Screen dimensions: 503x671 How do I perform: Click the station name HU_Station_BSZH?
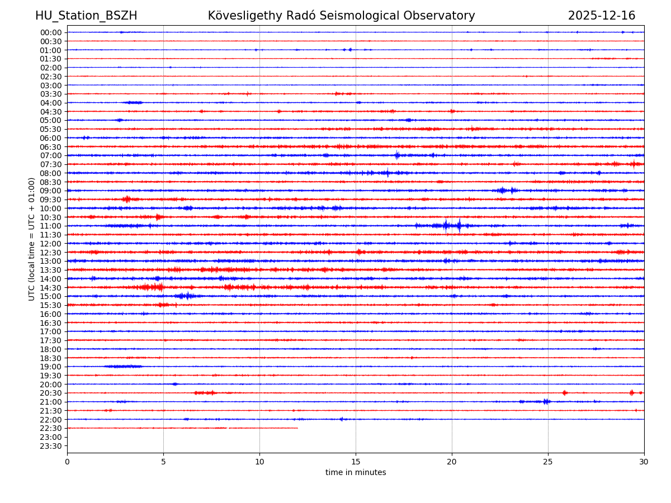pyautogui.click(x=86, y=16)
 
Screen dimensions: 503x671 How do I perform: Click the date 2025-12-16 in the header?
pyautogui.click(x=602, y=16)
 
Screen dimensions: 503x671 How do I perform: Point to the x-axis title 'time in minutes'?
pyautogui.click(x=356, y=472)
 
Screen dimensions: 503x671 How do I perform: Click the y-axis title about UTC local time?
pyautogui.click(x=32, y=239)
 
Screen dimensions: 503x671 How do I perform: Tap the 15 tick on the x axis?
pyautogui.click(x=356, y=462)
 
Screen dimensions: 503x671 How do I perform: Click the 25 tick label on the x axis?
pyautogui.click(x=548, y=462)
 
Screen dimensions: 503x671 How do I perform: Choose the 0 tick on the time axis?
pyautogui.click(x=67, y=462)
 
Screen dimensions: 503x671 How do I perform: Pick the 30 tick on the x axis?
pyautogui.click(x=644, y=462)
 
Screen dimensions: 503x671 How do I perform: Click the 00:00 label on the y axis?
pyautogui.click(x=51, y=32)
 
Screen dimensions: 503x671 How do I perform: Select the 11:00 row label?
pyautogui.click(x=51, y=226)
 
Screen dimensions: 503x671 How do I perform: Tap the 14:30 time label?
pyautogui.click(x=51, y=287)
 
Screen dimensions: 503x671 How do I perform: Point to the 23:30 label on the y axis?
pyautogui.click(x=51, y=446)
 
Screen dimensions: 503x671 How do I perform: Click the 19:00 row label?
pyautogui.click(x=51, y=367)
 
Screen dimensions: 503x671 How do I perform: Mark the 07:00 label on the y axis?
pyautogui.click(x=51, y=155)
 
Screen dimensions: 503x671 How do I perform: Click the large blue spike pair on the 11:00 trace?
pyautogui.click(x=452, y=226)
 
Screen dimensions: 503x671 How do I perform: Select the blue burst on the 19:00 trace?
pyautogui.click(x=123, y=367)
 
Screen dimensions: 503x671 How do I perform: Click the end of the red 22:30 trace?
pyautogui.click(x=297, y=428)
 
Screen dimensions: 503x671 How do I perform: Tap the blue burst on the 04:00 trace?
pyautogui.click(x=133, y=102)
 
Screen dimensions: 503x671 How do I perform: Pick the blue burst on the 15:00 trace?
pyautogui.click(x=185, y=296)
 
